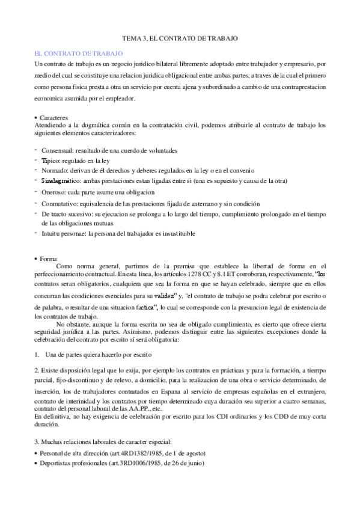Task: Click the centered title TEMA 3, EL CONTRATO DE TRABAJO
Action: click(x=180, y=38)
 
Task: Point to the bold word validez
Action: click(x=165, y=296)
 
